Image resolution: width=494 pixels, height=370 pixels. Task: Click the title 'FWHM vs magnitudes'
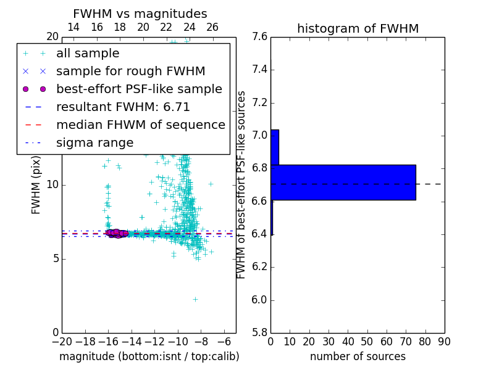(140, 14)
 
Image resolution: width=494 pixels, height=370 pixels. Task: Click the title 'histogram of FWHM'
(358, 28)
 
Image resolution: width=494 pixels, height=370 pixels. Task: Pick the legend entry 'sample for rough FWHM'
(130, 72)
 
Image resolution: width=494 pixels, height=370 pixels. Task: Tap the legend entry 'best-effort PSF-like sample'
(139, 89)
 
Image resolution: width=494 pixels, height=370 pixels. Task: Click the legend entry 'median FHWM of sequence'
(140, 125)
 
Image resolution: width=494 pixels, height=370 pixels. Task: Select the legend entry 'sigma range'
(94, 143)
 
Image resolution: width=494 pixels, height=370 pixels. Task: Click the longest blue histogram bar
(343, 182)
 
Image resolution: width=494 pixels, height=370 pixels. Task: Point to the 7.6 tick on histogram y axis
(259, 36)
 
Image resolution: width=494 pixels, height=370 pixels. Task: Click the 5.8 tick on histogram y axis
(259, 332)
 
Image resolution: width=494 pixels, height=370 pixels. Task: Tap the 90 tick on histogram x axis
(444, 342)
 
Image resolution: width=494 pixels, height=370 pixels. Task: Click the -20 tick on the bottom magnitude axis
(62, 342)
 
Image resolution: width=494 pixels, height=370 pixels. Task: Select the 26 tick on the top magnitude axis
(212, 27)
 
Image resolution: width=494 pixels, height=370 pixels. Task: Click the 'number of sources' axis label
(358, 356)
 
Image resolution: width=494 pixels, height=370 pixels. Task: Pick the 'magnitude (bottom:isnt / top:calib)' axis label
(149, 356)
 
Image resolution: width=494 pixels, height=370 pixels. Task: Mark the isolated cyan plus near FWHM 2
(195, 299)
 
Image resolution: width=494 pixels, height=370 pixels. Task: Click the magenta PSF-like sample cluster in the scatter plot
(117, 233)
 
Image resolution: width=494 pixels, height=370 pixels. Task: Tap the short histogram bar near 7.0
(275, 147)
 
